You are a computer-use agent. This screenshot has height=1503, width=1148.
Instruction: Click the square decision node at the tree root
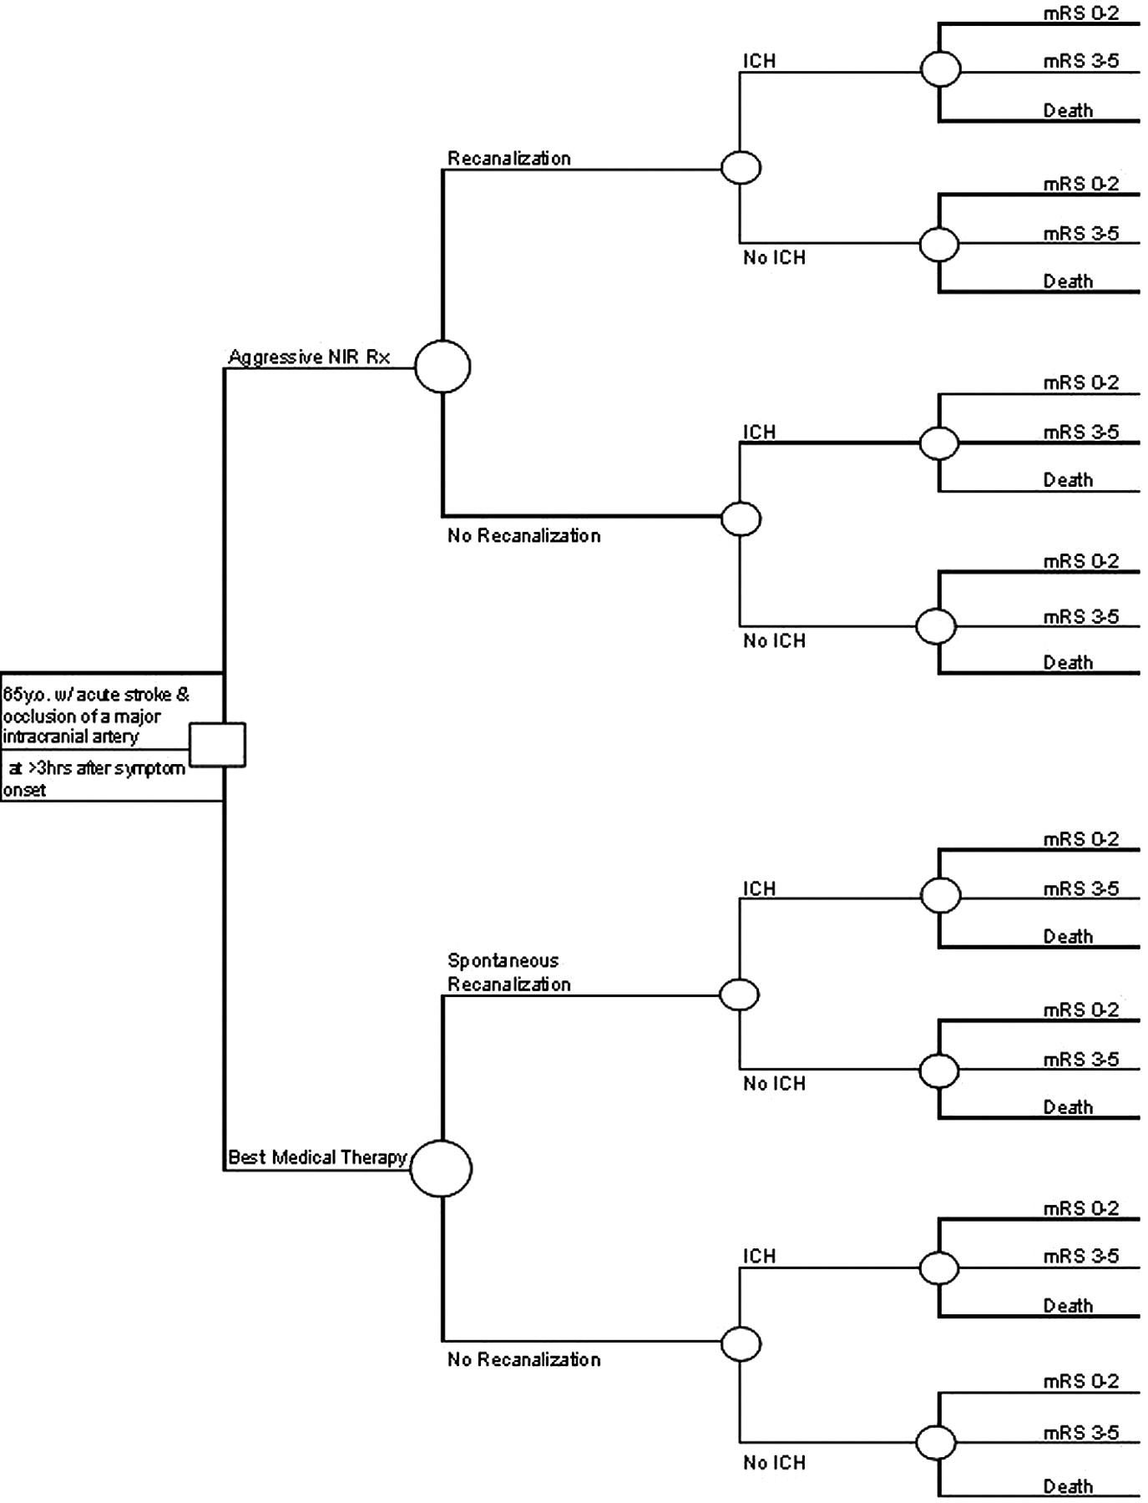[x=217, y=744]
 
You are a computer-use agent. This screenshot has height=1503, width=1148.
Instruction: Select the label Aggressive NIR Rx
[x=309, y=357]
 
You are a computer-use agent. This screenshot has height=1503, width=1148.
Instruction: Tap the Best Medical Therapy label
[x=317, y=1156]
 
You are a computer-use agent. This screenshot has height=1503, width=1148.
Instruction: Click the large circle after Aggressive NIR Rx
[x=443, y=367]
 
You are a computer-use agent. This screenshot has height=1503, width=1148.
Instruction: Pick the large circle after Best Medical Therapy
[x=441, y=1168]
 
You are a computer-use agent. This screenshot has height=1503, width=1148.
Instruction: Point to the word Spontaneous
[x=503, y=960]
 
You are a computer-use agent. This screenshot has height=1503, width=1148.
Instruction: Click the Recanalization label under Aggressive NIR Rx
[x=509, y=158]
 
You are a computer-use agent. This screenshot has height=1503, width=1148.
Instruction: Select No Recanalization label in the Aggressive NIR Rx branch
[x=523, y=535]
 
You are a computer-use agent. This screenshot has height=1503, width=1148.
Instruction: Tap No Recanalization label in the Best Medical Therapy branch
[x=523, y=1359]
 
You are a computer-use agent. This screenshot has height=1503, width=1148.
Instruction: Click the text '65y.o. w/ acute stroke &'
[x=96, y=695]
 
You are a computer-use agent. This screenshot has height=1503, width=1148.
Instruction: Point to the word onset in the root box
[x=24, y=790]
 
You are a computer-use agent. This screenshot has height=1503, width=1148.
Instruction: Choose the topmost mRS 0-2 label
[x=1081, y=13]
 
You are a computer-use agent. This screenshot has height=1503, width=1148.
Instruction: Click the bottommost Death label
[x=1068, y=1486]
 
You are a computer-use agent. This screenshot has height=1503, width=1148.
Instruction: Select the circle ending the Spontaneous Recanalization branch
[x=739, y=994]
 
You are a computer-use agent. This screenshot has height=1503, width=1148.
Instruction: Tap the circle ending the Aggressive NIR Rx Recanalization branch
[x=741, y=168]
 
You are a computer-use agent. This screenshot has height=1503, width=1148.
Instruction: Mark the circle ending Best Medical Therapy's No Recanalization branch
[x=741, y=1344]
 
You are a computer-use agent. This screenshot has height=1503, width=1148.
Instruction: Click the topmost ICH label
[x=760, y=61]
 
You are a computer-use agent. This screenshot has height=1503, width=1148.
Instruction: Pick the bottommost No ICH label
[x=774, y=1463]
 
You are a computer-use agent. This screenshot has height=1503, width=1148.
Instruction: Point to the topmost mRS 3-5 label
[x=1081, y=61]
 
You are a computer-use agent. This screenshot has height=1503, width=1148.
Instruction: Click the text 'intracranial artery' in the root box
[x=71, y=736]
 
